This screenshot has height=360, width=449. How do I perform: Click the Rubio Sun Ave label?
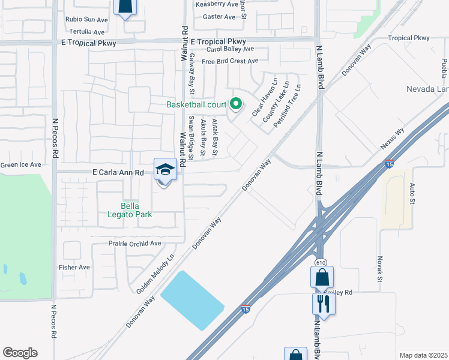point(86,19)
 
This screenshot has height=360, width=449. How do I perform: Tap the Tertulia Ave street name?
point(87,31)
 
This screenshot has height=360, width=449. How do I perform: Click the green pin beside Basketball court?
point(235,104)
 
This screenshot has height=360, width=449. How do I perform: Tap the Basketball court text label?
point(196,104)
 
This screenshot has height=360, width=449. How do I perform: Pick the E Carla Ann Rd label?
point(118,172)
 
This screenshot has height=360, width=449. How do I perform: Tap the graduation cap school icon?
point(164,170)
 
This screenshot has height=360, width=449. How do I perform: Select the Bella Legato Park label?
point(129,209)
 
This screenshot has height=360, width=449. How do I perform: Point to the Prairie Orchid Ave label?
point(135,244)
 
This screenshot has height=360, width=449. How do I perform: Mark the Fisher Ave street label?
point(74,267)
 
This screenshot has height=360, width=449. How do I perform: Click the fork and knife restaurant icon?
point(324,304)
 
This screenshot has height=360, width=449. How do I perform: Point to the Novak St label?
point(380,268)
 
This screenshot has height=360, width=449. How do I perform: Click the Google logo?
point(20,353)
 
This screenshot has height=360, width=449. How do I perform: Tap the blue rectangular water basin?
point(192,299)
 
